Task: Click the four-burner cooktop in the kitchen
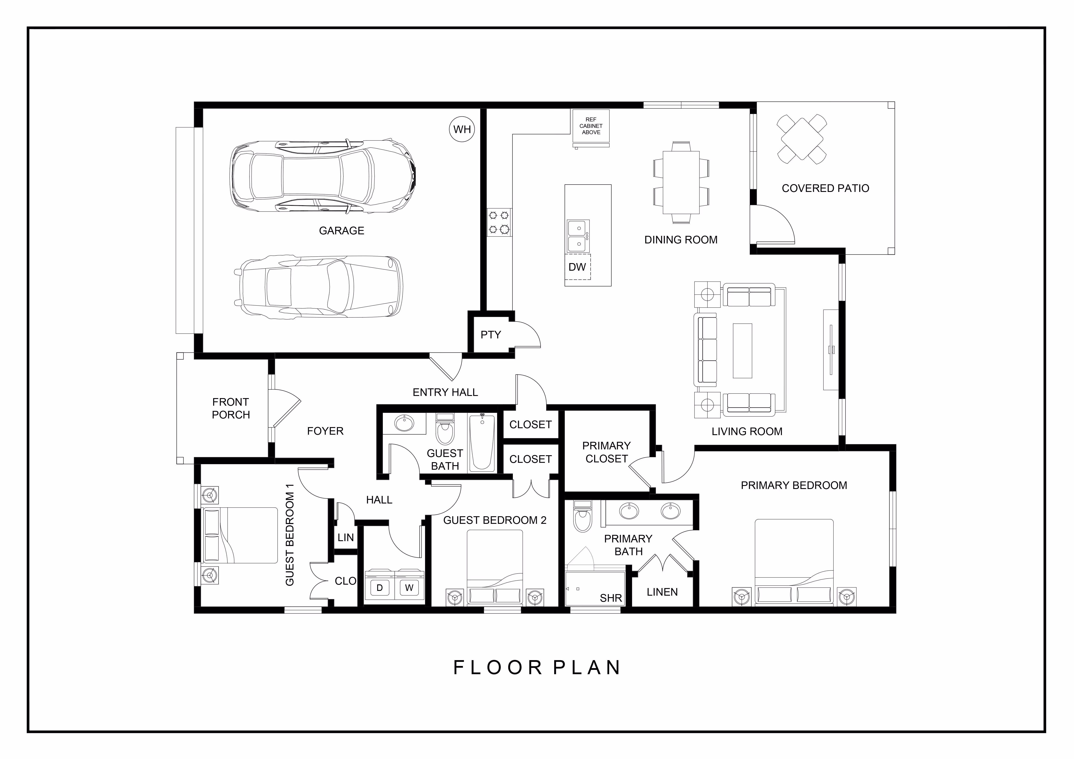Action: (x=499, y=222)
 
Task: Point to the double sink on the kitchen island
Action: (x=578, y=236)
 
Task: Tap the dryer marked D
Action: (x=380, y=588)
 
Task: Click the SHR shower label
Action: (x=611, y=598)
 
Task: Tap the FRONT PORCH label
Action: (x=231, y=408)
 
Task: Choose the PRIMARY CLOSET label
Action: (x=606, y=452)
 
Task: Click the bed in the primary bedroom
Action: (x=794, y=562)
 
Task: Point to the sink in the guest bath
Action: (x=404, y=424)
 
